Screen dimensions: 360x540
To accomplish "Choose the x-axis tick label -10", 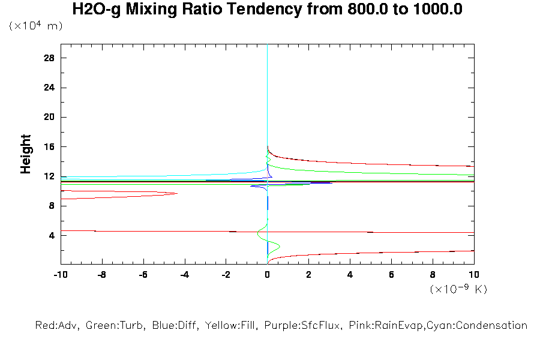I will click(x=59, y=275).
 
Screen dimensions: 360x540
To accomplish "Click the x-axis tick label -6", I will click(x=143, y=275).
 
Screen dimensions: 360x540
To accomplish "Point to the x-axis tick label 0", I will click(x=268, y=275).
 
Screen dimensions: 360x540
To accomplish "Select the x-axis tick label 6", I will click(x=392, y=275).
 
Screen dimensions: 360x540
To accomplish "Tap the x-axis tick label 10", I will click(x=474, y=275).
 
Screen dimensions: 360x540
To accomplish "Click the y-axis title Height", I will click(x=26, y=154).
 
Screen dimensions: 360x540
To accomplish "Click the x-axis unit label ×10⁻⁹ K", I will click(x=458, y=289).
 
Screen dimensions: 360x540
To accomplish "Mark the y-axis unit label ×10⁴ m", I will click(x=35, y=26).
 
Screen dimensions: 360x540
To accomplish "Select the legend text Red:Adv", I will click(x=57, y=326).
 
